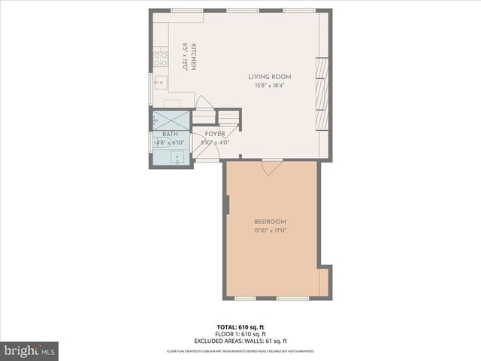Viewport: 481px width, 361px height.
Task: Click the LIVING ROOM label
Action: [270, 77]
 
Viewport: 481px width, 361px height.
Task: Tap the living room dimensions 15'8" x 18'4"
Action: [270, 85]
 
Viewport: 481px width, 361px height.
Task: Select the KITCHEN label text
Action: [193, 57]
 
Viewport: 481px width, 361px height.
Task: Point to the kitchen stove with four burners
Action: [160, 58]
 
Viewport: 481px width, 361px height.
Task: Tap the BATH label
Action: [170, 134]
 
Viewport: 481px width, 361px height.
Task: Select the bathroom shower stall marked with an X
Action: [171, 120]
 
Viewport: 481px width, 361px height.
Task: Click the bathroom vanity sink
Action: [177, 156]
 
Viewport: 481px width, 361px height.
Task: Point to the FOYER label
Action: [215, 134]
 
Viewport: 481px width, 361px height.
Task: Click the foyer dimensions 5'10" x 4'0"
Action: [215, 142]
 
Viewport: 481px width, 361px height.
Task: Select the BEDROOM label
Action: [270, 221]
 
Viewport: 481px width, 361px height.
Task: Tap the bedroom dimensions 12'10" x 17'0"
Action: [270, 230]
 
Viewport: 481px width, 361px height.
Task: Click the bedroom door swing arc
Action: [272, 168]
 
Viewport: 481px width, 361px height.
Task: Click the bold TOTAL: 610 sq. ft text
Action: [240, 327]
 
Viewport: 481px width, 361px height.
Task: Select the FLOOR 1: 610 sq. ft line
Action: [240, 334]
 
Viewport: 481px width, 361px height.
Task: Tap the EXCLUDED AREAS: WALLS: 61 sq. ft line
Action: [240, 341]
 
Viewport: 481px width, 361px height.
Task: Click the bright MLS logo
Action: [30, 350]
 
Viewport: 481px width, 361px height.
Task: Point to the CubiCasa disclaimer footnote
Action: [240, 351]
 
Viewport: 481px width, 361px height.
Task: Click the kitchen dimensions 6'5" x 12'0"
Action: [184, 57]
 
